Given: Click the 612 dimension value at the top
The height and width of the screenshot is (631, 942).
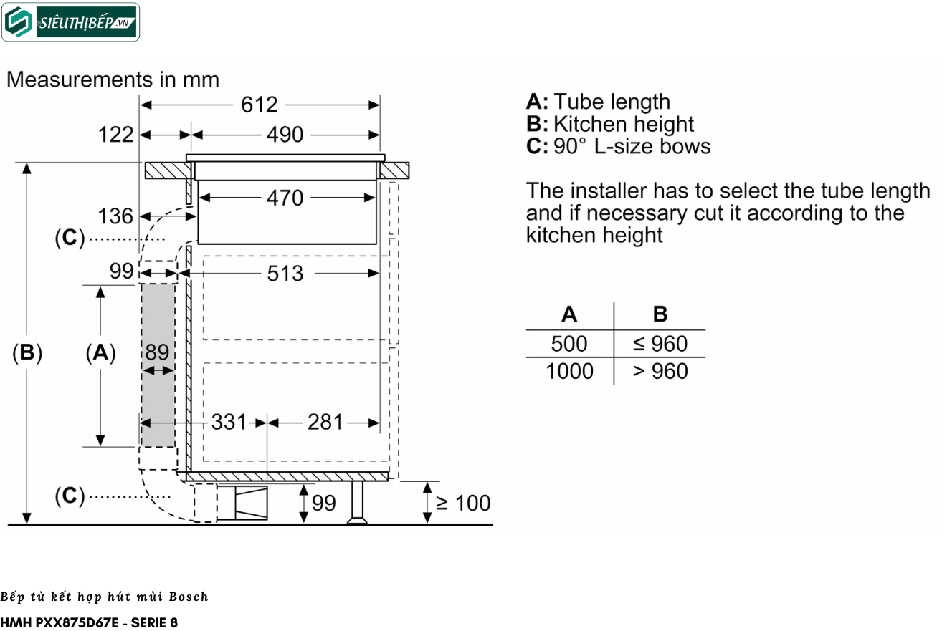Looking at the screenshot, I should pyautogui.click(x=260, y=105).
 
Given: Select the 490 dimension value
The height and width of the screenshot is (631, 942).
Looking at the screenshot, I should pyautogui.click(x=285, y=135).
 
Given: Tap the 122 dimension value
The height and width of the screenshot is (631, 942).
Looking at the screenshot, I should pyautogui.click(x=116, y=135).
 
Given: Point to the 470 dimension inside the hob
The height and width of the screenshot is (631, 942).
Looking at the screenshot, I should pyautogui.click(x=285, y=198).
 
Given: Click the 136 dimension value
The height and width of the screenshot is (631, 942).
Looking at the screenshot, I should pyautogui.click(x=116, y=216).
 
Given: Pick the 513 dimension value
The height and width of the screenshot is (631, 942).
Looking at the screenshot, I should pyautogui.click(x=285, y=273).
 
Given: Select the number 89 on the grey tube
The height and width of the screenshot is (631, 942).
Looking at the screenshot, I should pyautogui.click(x=157, y=352).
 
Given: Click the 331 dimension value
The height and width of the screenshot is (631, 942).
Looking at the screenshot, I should pyautogui.click(x=229, y=423).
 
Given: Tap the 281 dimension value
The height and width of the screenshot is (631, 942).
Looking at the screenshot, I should pyautogui.click(x=325, y=423).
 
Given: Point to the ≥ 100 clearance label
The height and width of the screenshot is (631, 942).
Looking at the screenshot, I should pyautogui.click(x=463, y=503).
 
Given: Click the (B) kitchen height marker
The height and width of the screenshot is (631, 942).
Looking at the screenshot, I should pyautogui.click(x=27, y=352).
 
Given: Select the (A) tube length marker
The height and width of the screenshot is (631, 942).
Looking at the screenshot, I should pyautogui.click(x=100, y=352).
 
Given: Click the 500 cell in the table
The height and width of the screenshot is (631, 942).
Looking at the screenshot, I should pyautogui.click(x=569, y=344).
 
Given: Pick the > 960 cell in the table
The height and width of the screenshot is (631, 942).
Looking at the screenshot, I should pyautogui.click(x=660, y=371).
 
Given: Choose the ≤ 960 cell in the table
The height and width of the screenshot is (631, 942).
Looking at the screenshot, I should pyautogui.click(x=660, y=344).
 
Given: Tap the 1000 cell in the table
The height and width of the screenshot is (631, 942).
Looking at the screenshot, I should pyautogui.click(x=569, y=371).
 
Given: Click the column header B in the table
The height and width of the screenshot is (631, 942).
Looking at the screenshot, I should pyautogui.click(x=660, y=314).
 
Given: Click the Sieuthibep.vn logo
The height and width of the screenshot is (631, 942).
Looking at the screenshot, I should pyautogui.click(x=70, y=22).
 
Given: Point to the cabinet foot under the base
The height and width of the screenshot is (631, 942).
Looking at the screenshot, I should pyautogui.click(x=356, y=503).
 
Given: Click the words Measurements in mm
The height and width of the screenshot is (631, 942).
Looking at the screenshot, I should pyautogui.click(x=113, y=79).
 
